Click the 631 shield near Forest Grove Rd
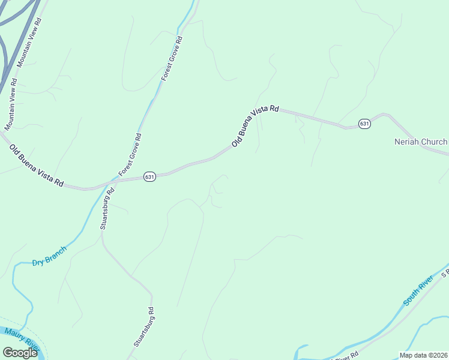click(149, 176)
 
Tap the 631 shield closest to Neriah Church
click(364, 124)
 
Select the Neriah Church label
click(420, 142)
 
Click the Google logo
click(20, 353)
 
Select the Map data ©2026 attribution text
click(423, 355)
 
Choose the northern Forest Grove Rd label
click(172, 58)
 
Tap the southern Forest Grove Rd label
click(130, 155)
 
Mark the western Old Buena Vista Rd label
click(36, 164)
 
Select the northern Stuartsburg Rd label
click(106, 209)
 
